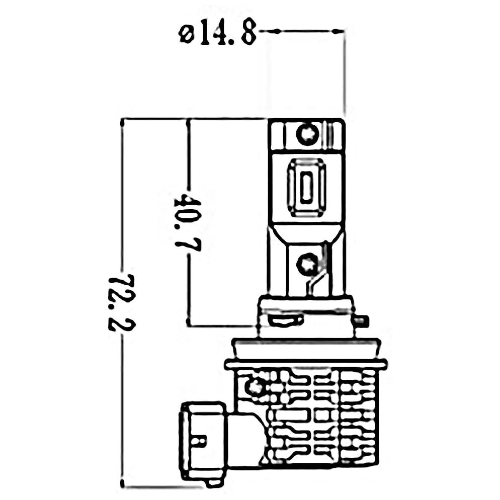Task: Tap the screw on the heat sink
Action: (x=255, y=387)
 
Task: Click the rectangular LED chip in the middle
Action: (x=306, y=188)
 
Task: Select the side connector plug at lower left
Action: (x=204, y=449)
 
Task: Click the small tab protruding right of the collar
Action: (x=362, y=321)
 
